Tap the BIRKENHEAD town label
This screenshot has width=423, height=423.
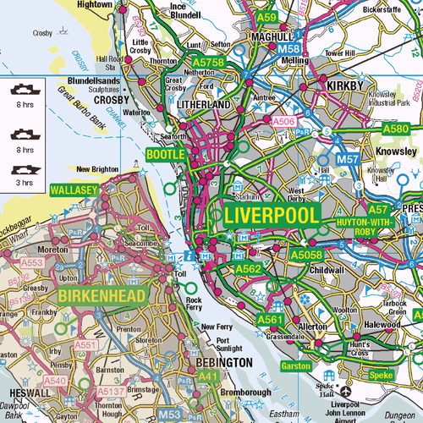(103, 294)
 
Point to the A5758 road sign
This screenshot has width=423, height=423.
(208, 63)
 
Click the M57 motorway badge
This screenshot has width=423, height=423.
(348, 159)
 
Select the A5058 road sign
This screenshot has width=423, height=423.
(306, 253)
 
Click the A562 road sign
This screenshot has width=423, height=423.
(248, 269)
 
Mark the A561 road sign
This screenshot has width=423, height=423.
(269, 320)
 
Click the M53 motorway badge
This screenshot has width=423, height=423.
(170, 414)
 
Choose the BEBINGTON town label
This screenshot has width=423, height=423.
(223, 362)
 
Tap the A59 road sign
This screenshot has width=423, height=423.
(266, 16)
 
